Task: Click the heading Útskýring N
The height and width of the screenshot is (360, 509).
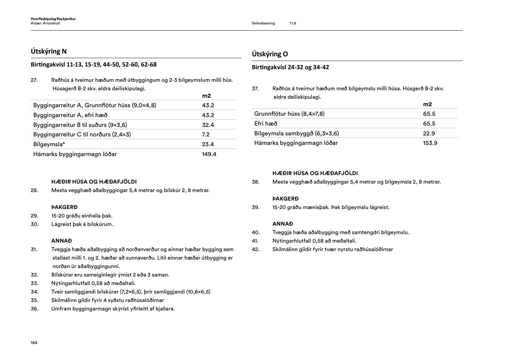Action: (49, 52)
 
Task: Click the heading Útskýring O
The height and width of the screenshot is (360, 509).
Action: (270, 54)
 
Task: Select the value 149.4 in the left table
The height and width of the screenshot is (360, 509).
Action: (209, 154)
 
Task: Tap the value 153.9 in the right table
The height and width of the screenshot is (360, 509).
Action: (430, 143)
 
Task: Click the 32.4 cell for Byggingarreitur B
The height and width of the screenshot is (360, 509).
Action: (208, 125)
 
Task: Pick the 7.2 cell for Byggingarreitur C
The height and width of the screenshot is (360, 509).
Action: (206, 134)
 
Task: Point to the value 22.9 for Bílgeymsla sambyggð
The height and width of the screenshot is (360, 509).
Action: (429, 133)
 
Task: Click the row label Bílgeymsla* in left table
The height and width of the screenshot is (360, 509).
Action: (49, 145)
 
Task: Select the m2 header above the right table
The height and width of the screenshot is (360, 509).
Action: (427, 105)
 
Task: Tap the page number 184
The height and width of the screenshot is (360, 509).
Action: (34, 343)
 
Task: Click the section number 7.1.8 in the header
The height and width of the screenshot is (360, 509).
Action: (293, 23)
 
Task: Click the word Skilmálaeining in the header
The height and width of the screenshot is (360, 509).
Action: (263, 23)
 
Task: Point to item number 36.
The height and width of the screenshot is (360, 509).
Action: (34, 309)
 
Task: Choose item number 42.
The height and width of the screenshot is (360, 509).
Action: (256, 249)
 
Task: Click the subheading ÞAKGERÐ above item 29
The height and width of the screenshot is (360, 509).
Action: (64, 207)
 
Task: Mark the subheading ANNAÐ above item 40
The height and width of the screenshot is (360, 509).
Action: (283, 224)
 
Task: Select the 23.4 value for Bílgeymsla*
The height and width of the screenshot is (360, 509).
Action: (208, 145)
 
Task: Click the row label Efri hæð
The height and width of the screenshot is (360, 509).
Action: (266, 124)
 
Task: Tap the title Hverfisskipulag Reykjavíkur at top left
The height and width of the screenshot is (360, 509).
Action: (53, 19)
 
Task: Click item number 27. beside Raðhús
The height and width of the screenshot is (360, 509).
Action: (34, 80)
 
